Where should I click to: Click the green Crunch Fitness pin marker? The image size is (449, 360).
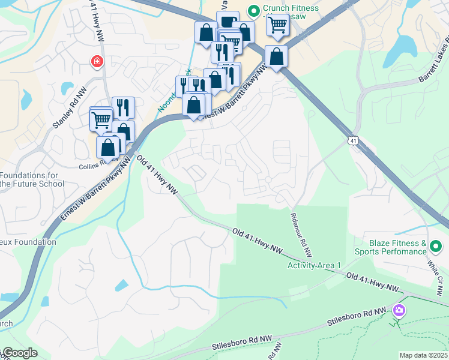point(253,11)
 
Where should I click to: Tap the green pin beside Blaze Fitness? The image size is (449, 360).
point(436,246)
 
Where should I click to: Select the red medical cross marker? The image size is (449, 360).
point(96,62)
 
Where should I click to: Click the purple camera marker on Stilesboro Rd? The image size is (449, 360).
point(399,310)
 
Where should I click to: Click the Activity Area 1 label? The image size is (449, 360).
point(314,265)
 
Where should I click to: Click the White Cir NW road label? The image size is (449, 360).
point(435,272)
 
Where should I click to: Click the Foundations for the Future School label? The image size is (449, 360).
point(31,179)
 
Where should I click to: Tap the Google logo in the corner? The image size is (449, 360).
point(19,353)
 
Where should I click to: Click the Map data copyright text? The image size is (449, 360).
point(423,355)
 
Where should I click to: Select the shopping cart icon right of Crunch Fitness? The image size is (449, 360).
point(277,25)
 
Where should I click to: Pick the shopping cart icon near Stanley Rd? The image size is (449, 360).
point(101,119)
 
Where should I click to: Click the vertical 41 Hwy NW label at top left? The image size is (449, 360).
point(95,20)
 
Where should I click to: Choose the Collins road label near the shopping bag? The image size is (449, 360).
point(92,161)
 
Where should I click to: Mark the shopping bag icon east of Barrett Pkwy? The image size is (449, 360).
point(276,57)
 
